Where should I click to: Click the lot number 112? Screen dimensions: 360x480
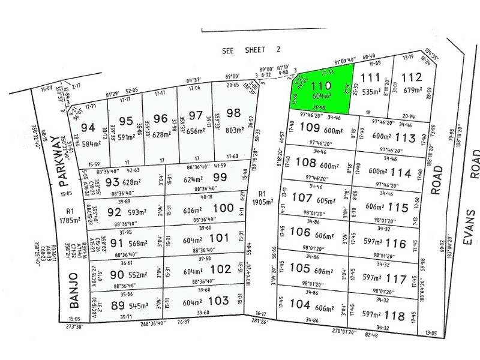coord(412,77)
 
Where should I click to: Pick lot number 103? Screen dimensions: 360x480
coord(221,299)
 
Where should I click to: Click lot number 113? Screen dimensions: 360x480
coord(411,137)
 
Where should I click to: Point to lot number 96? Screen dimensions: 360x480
coord(160,118)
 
